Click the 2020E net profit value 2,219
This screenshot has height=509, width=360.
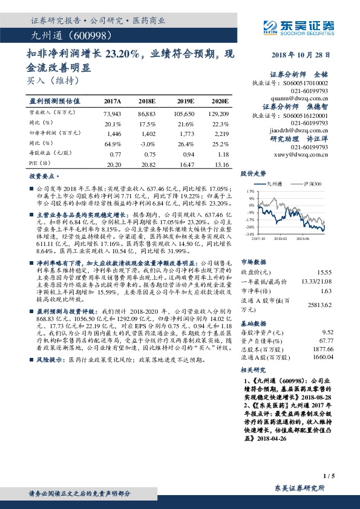[221, 132]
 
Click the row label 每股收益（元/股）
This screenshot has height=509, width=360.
[51, 154]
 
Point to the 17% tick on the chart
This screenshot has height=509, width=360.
[250, 190]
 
